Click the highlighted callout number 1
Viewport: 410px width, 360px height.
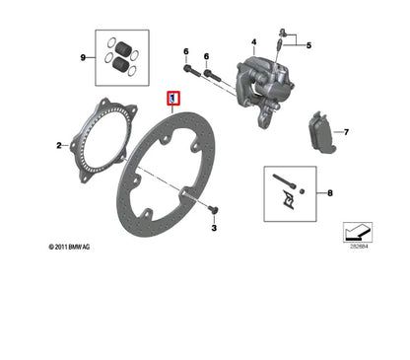click(173, 99)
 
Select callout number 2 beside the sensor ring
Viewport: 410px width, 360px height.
click(60, 145)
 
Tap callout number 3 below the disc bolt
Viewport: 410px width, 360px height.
click(213, 229)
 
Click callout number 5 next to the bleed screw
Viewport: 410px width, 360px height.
click(307, 45)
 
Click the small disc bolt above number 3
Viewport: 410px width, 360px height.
click(213, 208)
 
